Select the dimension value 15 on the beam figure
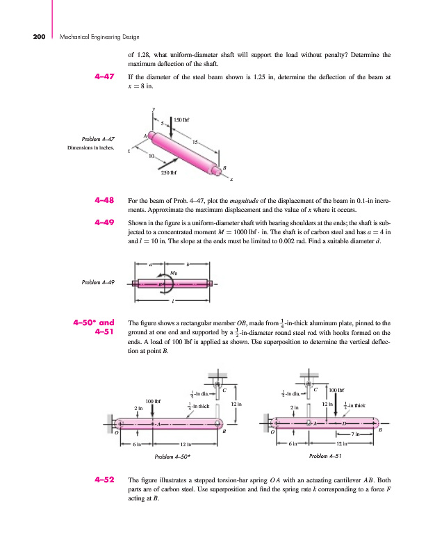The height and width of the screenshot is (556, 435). tap(196, 142)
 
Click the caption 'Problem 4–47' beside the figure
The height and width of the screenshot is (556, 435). tap(98, 139)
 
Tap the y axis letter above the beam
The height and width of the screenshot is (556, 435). tap(153, 108)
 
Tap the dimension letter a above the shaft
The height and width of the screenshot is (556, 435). tap(151, 263)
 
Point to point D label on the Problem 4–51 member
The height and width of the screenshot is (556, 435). tap(343, 423)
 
